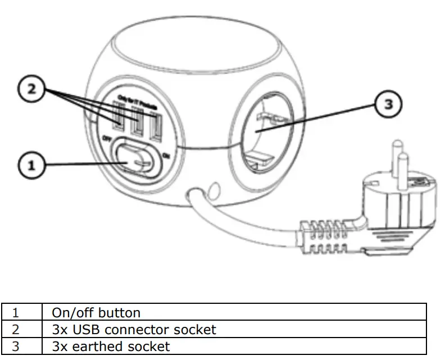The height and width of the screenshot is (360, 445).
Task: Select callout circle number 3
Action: pos(388,105)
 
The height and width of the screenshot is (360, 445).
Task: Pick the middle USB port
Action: pos(137,123)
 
